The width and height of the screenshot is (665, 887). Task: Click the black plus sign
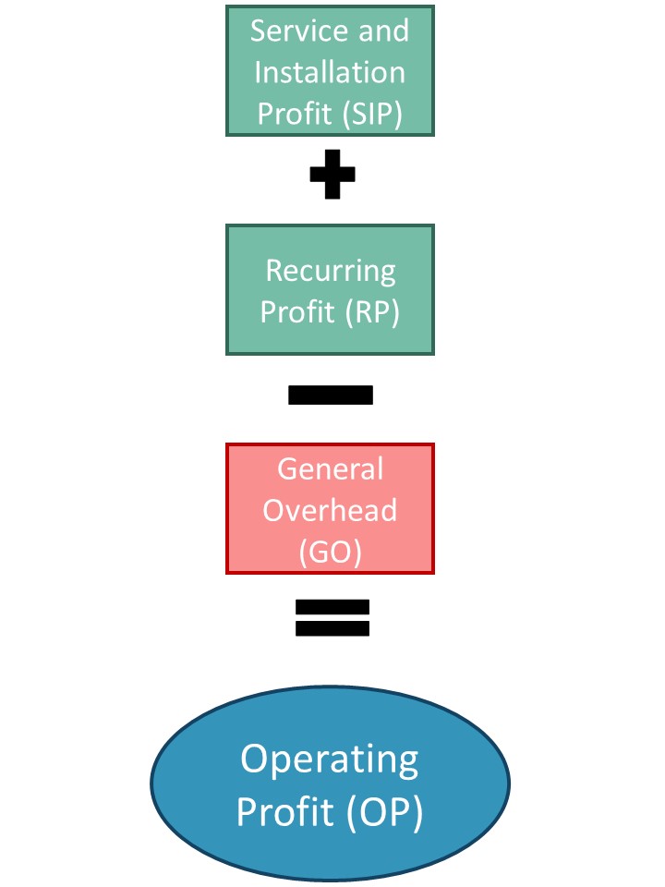332,175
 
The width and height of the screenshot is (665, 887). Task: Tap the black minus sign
331,395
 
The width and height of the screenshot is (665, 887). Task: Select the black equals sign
332,618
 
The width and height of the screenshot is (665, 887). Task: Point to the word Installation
330,72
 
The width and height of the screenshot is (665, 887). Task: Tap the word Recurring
331,272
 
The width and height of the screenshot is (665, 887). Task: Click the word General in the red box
331,469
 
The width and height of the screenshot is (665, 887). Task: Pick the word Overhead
330,510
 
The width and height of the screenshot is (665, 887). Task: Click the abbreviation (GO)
331,553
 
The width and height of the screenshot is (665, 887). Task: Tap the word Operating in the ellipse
330,760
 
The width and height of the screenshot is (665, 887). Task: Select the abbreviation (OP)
384,812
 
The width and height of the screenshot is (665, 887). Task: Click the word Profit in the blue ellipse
284,811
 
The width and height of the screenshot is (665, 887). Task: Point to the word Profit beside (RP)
297,311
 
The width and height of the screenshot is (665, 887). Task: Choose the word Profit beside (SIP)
295,113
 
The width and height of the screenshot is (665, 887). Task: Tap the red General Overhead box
331,508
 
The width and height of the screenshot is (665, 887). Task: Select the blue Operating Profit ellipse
331,784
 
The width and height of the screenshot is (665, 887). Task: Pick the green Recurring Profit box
331,289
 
